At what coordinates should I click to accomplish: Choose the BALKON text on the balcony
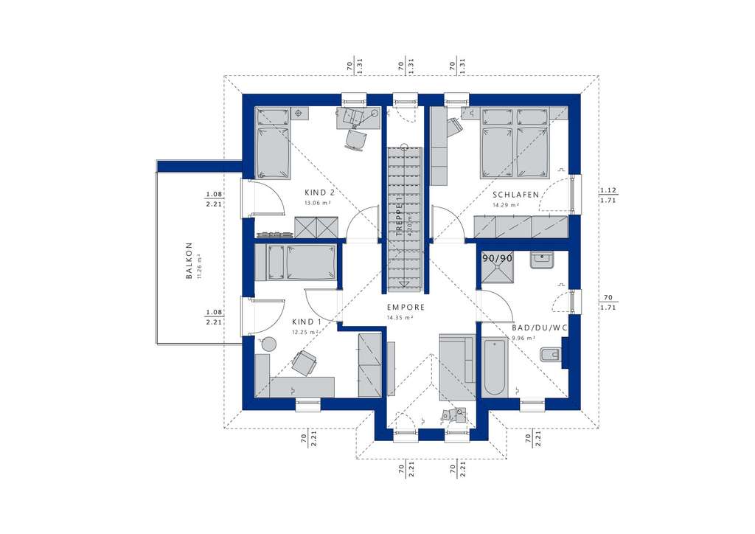tap(189, 261)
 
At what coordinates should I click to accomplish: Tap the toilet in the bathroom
tap(550, 356)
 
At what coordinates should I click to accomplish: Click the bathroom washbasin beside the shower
tap(544, 259)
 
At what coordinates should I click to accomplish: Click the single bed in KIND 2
tap(272, 142)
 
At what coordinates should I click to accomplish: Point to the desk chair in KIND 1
tap(305, 362)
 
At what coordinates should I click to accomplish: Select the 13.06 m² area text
tap(318, 201)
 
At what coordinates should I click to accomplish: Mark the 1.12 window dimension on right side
tap(608, 190)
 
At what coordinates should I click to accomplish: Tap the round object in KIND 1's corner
tap(269, 343)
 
